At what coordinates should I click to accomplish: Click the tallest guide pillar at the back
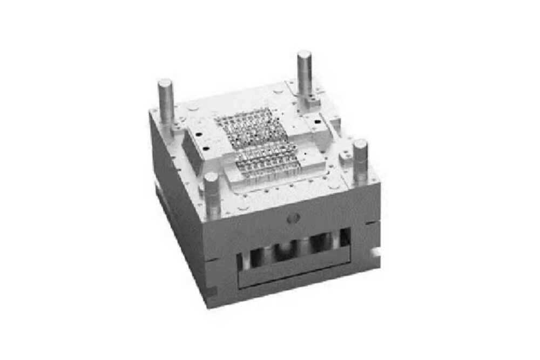tap(305, 76)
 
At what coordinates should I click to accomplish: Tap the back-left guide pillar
tap(166, 103)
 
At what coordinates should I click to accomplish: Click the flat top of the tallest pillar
tap(305, 55)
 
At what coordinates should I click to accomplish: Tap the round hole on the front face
tap(294, 218)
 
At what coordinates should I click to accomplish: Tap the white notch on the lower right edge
tap(374, 252)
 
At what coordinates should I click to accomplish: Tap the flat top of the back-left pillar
tap(165, 83)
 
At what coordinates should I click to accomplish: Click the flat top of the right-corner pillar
tap(360, 144)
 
